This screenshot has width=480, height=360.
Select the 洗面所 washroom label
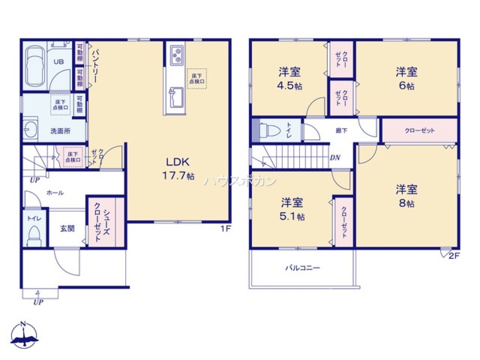pyautogui.click(x=61, y=132)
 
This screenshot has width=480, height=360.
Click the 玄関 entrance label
pyautogui.click(x=67, y=228)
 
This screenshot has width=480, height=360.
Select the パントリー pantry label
pyautogui.click(x=95, y=66)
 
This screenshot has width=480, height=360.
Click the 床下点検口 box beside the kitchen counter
pyautogui.click(x=197, y=78)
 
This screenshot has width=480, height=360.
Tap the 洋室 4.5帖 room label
pyautogui.click(x=290, y=79)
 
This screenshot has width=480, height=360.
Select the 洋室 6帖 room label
pyautogui.click(x=407, y=79)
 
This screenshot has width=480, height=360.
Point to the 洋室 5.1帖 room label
pyautogui.click(x=292, y=209)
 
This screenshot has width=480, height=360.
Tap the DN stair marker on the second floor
pyautogui.click(x=335, y=157)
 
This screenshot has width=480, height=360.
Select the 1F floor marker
pyautogui.click(x=226, y=228)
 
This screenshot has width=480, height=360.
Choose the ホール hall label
pyautogui.click(x=55, y=192)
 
